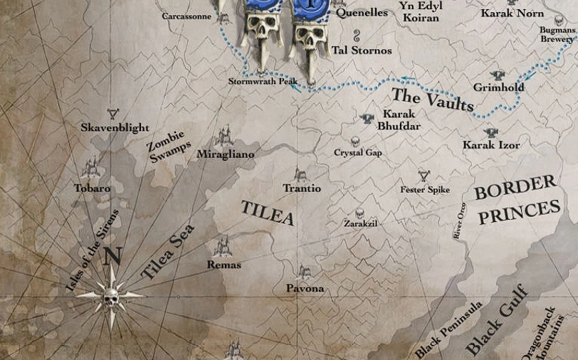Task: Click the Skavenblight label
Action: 115,127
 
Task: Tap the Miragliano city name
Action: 225,154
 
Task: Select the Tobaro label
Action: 92,189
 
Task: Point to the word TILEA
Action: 267,213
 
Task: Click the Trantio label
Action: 302,189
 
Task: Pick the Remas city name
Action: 224,265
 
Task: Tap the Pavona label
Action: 305,288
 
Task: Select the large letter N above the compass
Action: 112,256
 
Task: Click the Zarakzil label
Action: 360,223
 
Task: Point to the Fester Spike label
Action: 425,190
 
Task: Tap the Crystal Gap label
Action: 358,153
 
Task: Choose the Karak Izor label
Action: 491,145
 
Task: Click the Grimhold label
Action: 498,88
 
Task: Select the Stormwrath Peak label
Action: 263,82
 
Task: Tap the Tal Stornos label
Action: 362,51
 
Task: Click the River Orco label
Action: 460,221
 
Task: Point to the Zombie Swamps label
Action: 169,146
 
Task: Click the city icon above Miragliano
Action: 225,135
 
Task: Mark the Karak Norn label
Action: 512,13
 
